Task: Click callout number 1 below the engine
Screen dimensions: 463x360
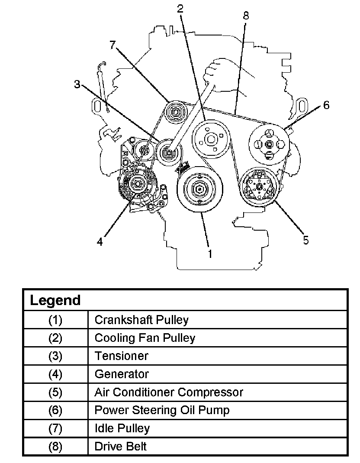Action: pyautogui.click(x=210, y=254)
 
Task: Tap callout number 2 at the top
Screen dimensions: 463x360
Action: pyautogui.click(x=180, y=8)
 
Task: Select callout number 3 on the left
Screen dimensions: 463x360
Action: pyautogui.click(x=77, y=84)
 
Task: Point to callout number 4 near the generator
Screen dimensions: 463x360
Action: pyautogui.click(x=100, y=242)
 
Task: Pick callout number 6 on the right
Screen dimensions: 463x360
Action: pyautogui.click(x=326, y=105)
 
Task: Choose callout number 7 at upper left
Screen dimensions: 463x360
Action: pyautogui.click(x=113, y=45)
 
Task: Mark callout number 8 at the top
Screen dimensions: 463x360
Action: pyautogui.click(x=246, y=16)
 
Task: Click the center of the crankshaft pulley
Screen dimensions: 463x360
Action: pyautogui.click(x=199, y=189)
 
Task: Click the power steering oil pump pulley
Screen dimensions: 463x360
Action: pyautogui.click(x=269, y=145)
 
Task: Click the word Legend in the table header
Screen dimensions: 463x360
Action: pyautogui.click(x=55, y=300)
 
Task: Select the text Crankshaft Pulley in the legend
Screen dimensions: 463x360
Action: pyautogui.click(x=141, y=320)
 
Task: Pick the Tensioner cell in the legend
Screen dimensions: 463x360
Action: pyautogui.click(x=121, y=356)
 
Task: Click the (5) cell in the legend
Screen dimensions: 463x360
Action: pyautogui.click(x=55, y=392)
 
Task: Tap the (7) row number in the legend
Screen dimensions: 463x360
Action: pyautogui.click(x=55, y=428)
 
